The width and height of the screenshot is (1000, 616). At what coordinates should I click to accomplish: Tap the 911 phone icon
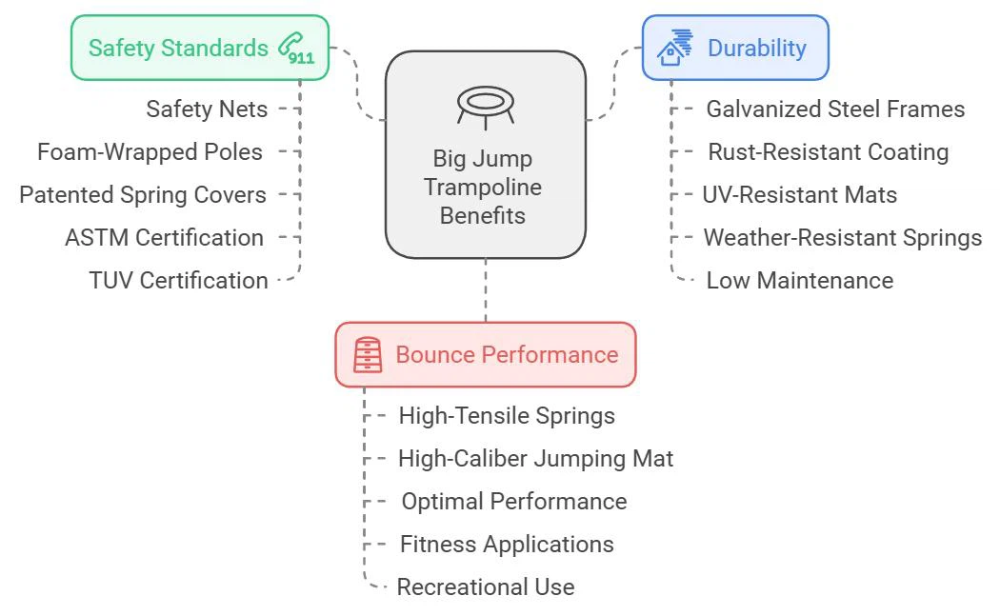coord(296,49)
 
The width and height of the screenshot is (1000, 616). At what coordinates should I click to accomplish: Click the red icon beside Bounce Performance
coord(368,355)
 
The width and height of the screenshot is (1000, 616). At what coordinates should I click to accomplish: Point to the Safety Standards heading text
coord(178,48)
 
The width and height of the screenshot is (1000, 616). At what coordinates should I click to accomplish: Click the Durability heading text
coord(756,48)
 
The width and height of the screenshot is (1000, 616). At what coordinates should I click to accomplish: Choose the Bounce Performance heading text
coord(507,355)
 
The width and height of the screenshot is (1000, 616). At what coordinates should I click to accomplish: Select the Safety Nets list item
coord(207,109)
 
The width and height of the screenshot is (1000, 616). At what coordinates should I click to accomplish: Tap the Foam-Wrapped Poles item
coord(150,152)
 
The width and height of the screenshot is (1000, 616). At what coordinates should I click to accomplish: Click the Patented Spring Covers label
coord(143,195)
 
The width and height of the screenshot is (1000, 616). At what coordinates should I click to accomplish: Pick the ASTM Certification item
coord(164,238)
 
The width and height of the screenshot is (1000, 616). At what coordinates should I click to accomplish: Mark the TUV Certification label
coord(178,281)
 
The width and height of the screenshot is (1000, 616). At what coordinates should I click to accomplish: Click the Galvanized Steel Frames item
coord(835,109)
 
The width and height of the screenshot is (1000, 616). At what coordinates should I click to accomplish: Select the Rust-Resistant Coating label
coord(828,152)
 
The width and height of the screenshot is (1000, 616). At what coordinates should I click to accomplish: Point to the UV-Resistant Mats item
coord(799,195)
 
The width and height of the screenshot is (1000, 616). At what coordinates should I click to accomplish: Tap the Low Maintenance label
coord(799,281)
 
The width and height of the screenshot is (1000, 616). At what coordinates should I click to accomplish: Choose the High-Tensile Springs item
coord(507,416)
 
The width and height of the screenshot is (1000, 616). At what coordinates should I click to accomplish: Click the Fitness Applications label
coord(507,545)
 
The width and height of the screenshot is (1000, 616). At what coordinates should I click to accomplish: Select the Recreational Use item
coord(486,587)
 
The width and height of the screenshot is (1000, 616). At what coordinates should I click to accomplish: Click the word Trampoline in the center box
coord(483,187)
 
